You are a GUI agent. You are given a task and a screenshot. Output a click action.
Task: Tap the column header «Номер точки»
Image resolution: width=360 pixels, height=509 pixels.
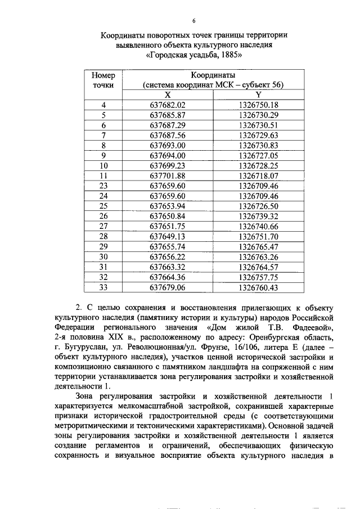pyautogui.click(x=103, y=80)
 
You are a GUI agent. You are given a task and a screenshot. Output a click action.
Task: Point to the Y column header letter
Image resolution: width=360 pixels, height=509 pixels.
pyautogui.click(x=258, y=94)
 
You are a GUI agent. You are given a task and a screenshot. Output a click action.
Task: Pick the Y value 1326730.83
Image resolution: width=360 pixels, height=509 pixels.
pyautogui.click(x=258, y=145)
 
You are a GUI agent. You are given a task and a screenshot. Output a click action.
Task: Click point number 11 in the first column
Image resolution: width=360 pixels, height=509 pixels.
pyautogui.click(x=103, y=175)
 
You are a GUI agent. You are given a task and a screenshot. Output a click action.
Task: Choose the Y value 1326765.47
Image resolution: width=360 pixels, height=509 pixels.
pyautogui.click(x=258, y=246)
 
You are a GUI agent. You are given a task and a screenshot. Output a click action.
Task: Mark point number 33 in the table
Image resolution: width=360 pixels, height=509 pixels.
pyautogui.click(x=103, y=287)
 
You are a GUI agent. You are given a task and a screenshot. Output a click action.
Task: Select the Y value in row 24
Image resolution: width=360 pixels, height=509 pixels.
pyautogui.click(x=258, y=196)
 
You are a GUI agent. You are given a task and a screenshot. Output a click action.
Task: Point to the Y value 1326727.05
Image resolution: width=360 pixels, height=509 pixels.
pyautogui.click(x=258, y=155)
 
